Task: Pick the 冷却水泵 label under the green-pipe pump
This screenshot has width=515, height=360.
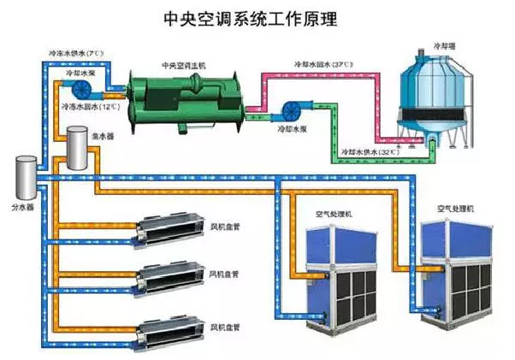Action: coord(291,135)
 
